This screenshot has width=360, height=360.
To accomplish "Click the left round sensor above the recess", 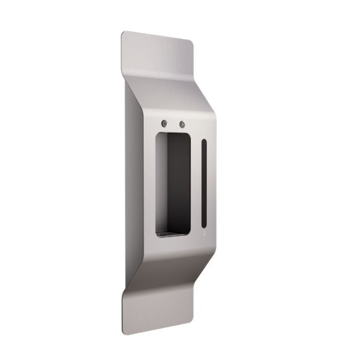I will [x=164, y=124].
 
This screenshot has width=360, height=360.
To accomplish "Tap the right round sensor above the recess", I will [x=182, y=125].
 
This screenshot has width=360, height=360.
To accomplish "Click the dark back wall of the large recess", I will [x=177, y=180].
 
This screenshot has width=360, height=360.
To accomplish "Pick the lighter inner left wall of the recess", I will [x=160, y=180].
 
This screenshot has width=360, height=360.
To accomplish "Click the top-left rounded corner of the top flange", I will [x=124, y=34].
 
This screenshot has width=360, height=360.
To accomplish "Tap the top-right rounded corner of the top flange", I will [x=190, y=44].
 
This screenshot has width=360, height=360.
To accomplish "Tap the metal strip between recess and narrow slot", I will [x=196, y=180].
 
